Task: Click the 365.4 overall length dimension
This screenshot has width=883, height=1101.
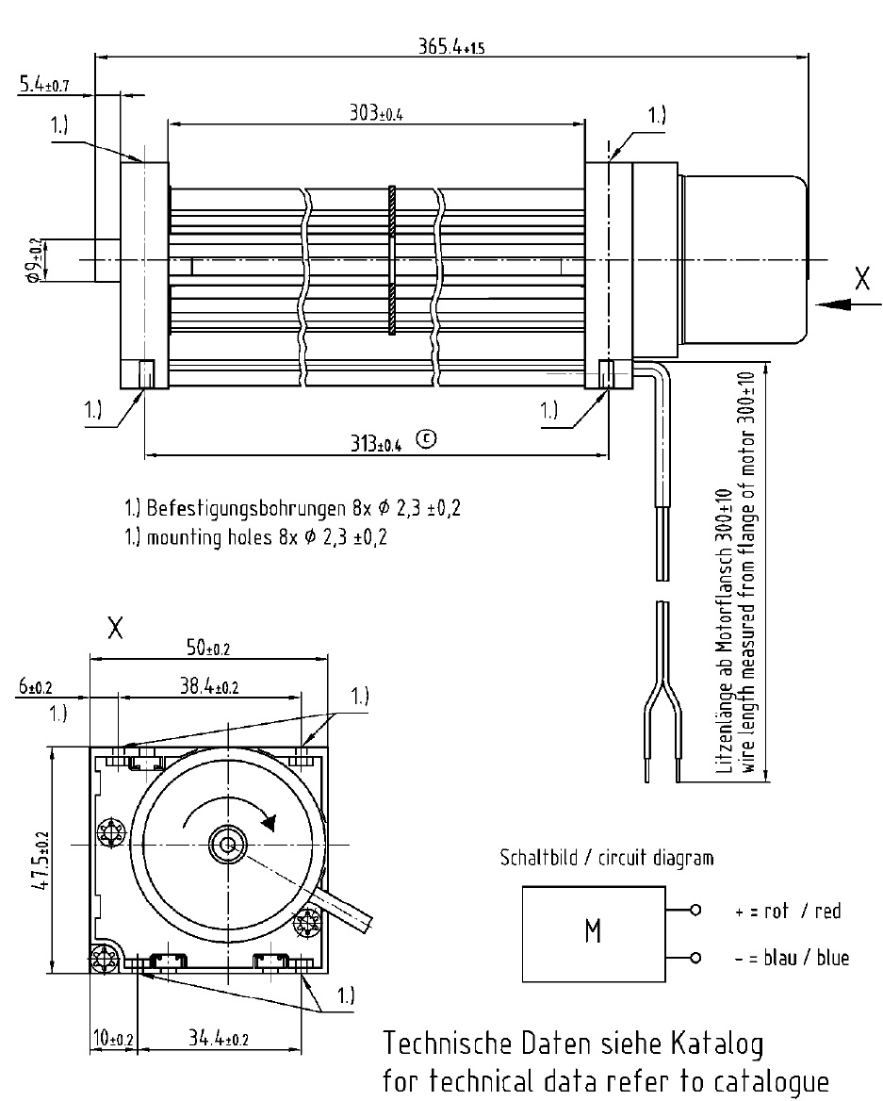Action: [451, 46]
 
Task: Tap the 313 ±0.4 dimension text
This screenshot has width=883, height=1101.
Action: [376, 444]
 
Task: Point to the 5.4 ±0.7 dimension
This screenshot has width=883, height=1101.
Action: [41, 87]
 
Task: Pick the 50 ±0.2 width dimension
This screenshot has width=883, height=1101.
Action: [207, 648]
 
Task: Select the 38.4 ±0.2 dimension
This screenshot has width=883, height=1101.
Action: [208, 688]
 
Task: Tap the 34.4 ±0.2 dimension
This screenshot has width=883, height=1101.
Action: [218, 1039]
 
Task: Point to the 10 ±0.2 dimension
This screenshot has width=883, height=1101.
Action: [111, 1039]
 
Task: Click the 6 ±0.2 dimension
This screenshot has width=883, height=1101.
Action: [34, 688]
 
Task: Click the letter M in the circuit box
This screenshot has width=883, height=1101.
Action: [593, 931]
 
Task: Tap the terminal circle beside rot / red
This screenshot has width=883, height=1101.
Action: [695, 911]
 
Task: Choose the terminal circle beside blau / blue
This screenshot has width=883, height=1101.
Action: [695, 959]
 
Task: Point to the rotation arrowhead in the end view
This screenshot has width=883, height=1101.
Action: [270, 823]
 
